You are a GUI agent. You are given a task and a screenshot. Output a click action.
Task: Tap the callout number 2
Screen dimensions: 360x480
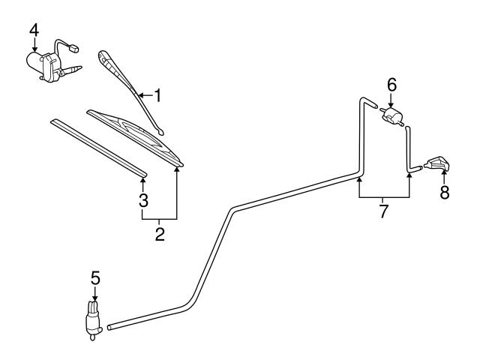tap(160, 233)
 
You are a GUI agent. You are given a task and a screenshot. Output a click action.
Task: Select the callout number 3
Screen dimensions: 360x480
tap(143, 200)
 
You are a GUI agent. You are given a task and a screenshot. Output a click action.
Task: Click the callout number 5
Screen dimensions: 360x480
tap(94, 277)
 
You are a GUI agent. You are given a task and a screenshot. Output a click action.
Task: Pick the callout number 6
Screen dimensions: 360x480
tap(391, 84)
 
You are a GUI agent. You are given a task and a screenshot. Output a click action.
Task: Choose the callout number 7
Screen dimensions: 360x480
tap(383, 211)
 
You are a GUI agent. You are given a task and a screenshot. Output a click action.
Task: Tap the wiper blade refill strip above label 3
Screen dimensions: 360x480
tap(97, 146)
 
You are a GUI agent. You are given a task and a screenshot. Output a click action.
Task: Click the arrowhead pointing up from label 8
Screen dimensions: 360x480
tap(444, 174)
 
